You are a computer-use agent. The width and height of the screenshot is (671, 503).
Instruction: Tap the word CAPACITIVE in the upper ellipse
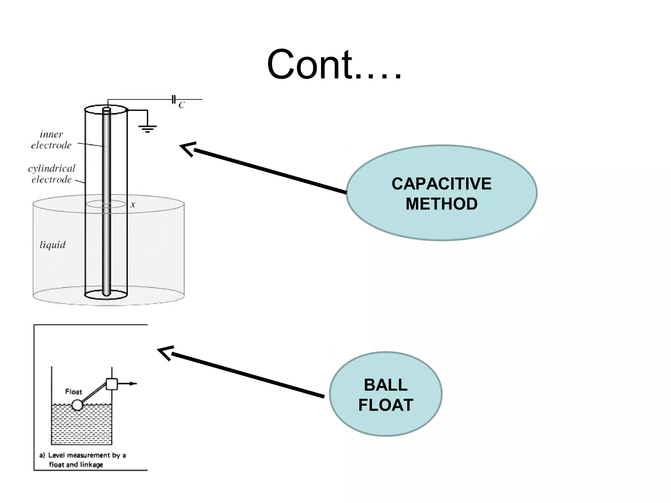tap(441, 184)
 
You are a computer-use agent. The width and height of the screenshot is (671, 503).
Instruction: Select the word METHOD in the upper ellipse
tap(441, 204)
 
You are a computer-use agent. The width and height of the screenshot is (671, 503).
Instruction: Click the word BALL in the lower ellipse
tap(386, 385)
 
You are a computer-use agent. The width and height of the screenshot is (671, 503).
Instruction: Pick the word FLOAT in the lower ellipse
tap(386, 405)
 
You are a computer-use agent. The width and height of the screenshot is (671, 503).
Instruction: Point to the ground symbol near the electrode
tap(147, 128)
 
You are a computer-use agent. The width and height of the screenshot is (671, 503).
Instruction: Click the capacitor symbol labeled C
tap(174, 99)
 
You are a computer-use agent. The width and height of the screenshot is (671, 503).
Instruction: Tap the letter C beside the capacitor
tap(182, 105)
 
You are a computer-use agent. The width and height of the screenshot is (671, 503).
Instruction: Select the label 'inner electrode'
tap(51, 140)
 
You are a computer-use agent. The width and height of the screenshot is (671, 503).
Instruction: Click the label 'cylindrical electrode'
tap(51, 174)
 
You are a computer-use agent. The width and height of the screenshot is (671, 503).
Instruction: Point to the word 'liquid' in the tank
tap(52, 245)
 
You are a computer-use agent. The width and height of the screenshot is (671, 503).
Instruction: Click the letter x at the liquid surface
tap(133, 205)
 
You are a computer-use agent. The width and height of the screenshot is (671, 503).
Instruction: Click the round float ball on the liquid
tap(78, 405)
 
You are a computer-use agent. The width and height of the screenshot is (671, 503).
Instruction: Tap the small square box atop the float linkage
tap(112, 384)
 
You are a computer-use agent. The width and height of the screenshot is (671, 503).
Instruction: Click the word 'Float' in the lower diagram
tap(73, 392)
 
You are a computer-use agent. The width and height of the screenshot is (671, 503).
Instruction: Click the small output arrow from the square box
tap(129, 383)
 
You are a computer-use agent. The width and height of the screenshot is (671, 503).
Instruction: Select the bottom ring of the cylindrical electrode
tap(106, 294)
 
